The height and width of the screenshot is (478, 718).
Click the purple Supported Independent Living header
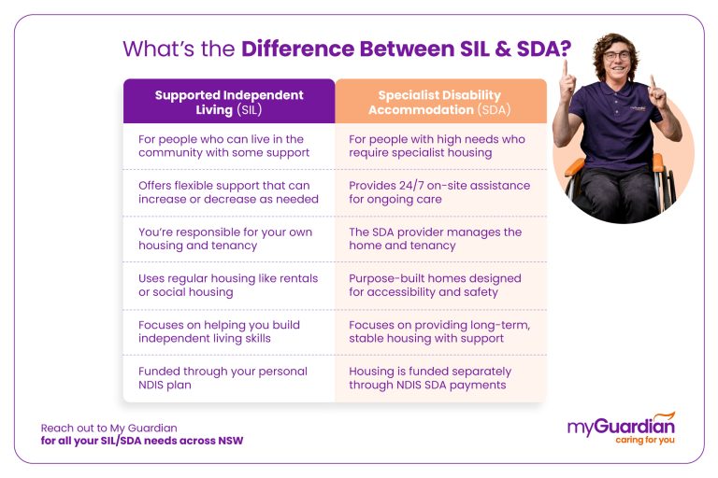click(x=229, y=102)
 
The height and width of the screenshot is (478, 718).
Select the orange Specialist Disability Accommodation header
click(x=440, y=102)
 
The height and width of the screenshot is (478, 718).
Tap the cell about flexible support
click(x=229, y=192)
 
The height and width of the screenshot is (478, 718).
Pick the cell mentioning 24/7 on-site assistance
click(x=440, y=192)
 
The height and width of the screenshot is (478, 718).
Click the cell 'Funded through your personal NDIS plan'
click(x=229, y=378)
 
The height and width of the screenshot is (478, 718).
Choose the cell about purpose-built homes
click(x=440, y=285)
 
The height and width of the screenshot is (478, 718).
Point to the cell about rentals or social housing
click(x=229, y=285)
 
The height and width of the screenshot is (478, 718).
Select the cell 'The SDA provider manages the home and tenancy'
click(x=440, y=239)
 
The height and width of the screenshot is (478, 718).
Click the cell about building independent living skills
click(x=229, y=331)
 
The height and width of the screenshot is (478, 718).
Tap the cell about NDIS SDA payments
click(x=440, y=378)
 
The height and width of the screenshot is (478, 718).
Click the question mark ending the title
click(x=564, y=49)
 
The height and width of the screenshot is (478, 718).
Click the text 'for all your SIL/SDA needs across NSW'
click(x=142, y=441)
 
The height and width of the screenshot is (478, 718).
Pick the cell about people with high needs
click(x=440, y=146)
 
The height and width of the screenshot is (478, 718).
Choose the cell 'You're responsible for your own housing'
click(x=229, y=239)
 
